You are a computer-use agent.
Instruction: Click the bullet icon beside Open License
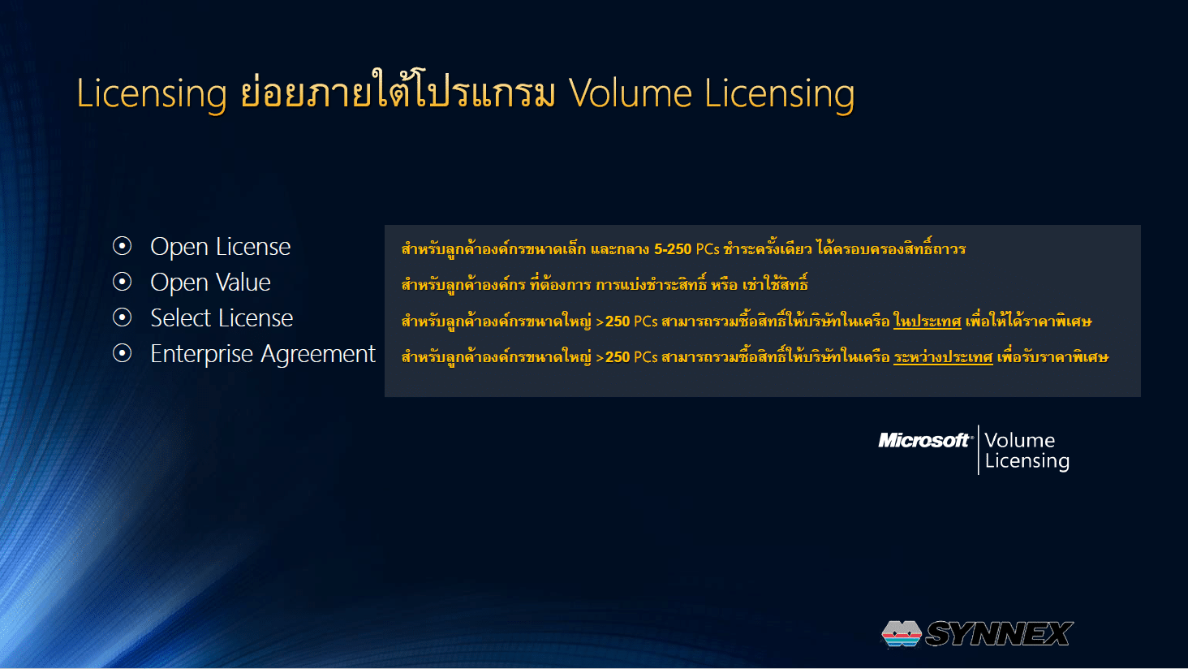[122, 246]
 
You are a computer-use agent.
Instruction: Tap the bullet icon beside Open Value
[122, 282]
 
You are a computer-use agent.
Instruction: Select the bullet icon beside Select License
[122, 317]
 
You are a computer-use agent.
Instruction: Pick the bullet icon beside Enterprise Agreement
[122, 353]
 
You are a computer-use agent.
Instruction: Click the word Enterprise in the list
[201, 355]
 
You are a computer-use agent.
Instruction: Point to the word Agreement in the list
[318, 355]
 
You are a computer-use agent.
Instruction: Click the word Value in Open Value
[244, 283]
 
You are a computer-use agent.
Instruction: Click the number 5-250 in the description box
[673, 248]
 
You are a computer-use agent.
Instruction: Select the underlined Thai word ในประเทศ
[927, 321]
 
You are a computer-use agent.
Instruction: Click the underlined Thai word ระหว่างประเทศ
[943, 356]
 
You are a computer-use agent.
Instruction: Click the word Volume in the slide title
[631, 94]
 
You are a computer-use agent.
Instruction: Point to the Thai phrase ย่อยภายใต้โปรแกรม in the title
[398, 91]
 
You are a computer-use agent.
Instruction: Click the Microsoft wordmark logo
[924, 440]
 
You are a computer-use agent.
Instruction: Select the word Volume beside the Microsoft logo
[1020, 440]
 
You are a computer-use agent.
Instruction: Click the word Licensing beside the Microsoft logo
[1027, 460]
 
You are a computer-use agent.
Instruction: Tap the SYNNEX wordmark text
[999, 634]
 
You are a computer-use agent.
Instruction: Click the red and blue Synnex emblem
[901, 634]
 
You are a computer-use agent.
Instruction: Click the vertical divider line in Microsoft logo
[979, 450]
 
